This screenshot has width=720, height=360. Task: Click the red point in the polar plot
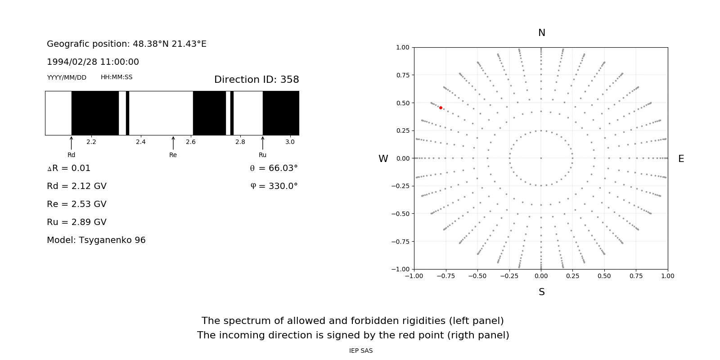click(441, 108)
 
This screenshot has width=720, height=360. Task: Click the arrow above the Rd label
click(71, 143)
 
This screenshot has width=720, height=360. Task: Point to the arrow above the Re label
click(173, 143)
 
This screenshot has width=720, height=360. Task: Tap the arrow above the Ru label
click(263, 143)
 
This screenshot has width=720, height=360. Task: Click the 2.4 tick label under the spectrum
click(141, 142)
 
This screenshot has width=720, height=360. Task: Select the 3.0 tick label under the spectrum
click(290, 142)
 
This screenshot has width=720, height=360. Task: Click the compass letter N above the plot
click(542, 33)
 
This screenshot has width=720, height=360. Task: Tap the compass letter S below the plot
click(542, 292)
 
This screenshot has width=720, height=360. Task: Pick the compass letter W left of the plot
click(383, 159)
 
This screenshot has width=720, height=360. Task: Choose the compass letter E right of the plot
click(681, 159)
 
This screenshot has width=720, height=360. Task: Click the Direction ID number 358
click(289, 80)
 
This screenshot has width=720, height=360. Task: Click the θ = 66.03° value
click(274, 168)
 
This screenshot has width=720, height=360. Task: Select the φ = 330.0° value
click(274, 186)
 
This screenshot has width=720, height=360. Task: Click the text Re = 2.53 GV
click(76, 204)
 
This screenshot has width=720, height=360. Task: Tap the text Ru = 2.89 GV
click(76, 222)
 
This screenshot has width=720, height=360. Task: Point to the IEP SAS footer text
click(361, 351)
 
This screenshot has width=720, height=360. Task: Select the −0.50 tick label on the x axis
click(477, 276)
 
